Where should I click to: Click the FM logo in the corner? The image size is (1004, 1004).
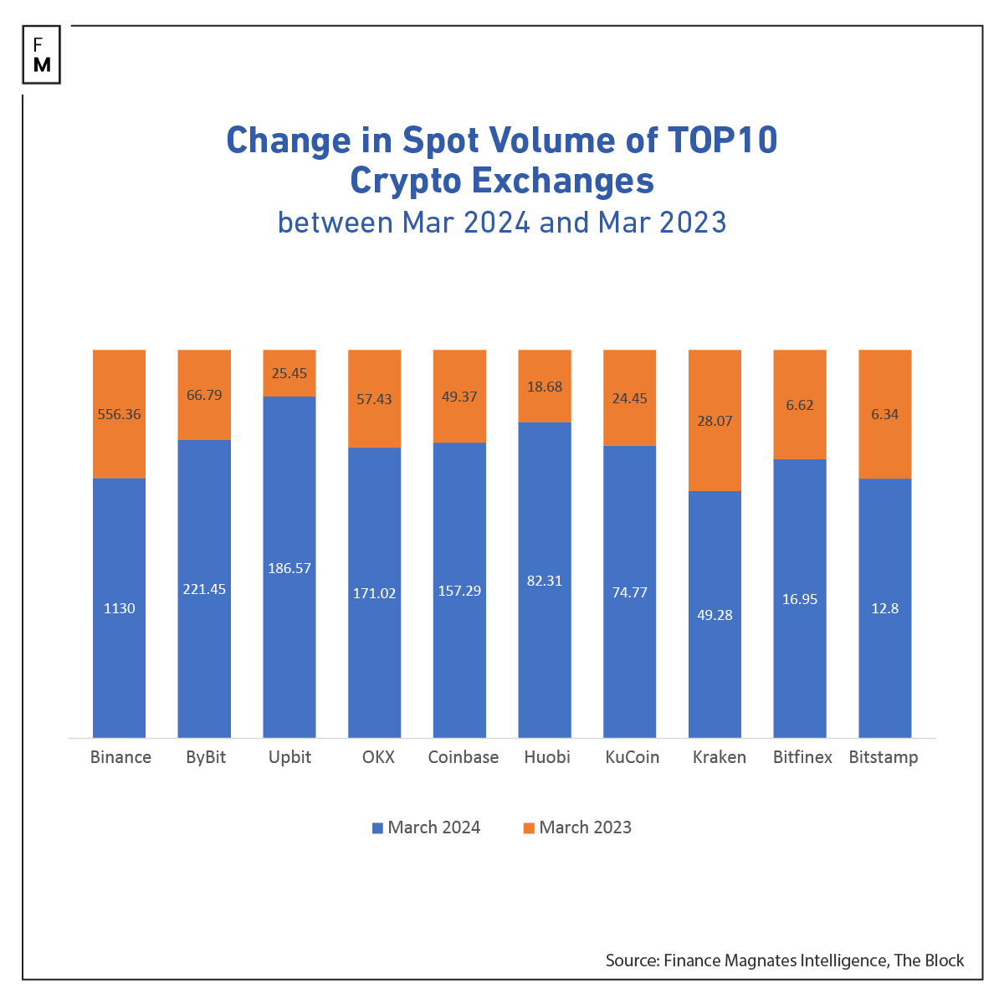[x=42, y=55]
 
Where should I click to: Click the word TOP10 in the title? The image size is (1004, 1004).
[x=722, y=140]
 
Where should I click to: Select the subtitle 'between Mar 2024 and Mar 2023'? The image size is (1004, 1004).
[x=502, y=223]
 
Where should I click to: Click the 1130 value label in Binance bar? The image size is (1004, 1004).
[x=119, y=608]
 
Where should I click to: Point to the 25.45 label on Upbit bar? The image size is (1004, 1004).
[x=289, y=373]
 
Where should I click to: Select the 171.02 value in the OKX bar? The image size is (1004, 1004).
[x=374, y=593]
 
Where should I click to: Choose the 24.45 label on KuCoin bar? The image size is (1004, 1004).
[x=629, y=398]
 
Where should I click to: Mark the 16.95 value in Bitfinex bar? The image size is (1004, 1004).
[x=800, y=599]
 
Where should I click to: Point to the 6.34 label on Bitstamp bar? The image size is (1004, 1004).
[x=884, y=414]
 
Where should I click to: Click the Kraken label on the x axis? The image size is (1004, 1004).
[x=720, y=757]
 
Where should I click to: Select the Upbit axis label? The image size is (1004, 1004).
[x=289, y=757]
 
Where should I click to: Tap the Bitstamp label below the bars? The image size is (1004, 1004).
[x=884, y=757]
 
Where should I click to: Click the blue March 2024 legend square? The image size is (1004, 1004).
[x=378, y=827]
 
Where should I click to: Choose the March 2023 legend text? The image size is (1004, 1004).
[x=585, y=827]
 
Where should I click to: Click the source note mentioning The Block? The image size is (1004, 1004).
[x=785, y=960]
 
